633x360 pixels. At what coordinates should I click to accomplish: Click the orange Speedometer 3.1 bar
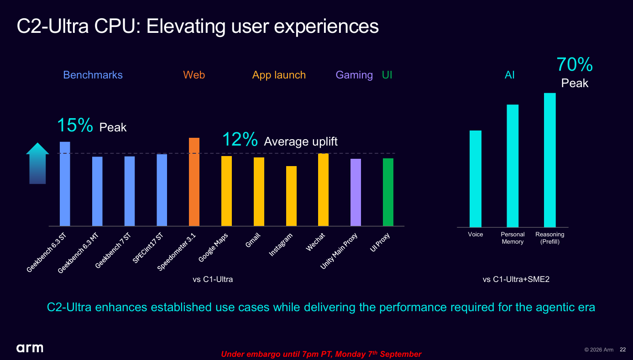tap(194, 182)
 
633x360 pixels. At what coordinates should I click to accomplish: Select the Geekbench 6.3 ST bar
tap(65, 184)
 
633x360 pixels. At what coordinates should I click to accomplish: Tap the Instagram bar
tap(291, 196)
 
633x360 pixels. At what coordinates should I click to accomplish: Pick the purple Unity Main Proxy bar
tap(356, 192)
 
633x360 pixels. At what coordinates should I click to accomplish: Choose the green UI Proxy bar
tap(388, 192)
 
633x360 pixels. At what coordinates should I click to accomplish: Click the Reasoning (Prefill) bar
tap(550, 160)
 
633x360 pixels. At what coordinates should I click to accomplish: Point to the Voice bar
tap(475, 178)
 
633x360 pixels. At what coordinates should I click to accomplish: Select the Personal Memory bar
tap(513, 166)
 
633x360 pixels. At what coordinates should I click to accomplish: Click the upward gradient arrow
tap(37, 163)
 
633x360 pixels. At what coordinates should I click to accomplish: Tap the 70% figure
tap(575, 64)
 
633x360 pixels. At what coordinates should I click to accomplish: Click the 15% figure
tap(75, 125)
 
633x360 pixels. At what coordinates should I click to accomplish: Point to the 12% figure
tap(240, 139)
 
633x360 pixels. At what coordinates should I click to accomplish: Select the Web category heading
tap(194, 75)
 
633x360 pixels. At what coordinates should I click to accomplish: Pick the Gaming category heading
tap(354, 75)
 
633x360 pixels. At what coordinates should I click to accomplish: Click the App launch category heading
tap(279, 75)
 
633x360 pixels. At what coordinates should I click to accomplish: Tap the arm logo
tap(30, 348)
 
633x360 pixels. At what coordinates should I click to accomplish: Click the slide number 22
tap(623, 350)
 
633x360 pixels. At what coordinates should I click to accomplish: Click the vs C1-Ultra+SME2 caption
tap(516, 279)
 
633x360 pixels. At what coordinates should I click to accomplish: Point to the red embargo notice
tap(321, 354)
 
